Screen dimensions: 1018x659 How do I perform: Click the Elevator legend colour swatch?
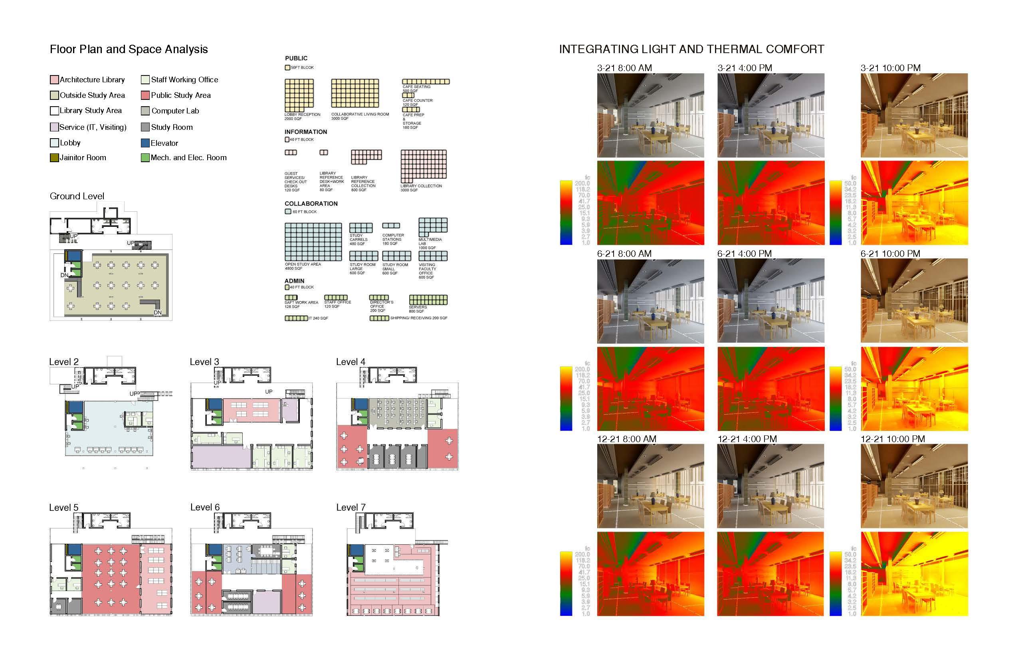(x=145, y=143)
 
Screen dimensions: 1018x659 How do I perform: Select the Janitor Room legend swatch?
(x=54, y=157)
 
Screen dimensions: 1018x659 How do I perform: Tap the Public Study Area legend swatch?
(x=145, y=95)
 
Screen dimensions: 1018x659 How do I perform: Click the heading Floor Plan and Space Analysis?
(x=128, y=49)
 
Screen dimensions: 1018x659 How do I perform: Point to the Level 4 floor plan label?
(x=351, y=361)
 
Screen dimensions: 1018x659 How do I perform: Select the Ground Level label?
(x=77, y=196)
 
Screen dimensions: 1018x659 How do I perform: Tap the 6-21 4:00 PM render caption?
(x=744, y=253)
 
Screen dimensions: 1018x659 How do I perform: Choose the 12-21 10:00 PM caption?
(x=892, y=439)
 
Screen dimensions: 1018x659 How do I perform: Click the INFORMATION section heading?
(x=305, y=132)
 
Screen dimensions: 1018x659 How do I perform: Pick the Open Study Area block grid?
(x=313, y=242)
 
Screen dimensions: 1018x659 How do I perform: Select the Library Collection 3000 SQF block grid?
(x=424, y=166)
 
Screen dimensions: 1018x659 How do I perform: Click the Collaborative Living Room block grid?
(x=355, y=93)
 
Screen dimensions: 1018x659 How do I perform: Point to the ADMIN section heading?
(x=294, y=281)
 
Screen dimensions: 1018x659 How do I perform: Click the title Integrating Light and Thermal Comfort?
(x=691, y=49)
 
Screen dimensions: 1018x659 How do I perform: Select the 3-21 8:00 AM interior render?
(x=650, y=115)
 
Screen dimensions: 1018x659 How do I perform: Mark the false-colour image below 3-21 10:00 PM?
(x=914, y=202)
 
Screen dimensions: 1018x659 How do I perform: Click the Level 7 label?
(x=351, y=507)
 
